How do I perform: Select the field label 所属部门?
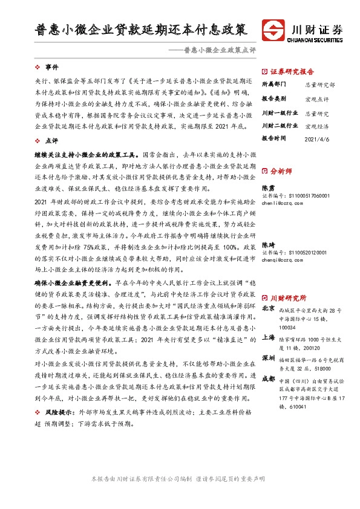click(272, 85)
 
